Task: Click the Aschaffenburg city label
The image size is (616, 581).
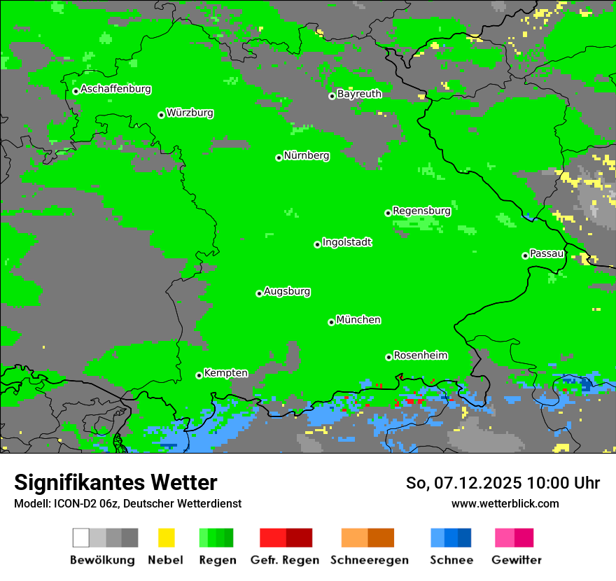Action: [115, 90]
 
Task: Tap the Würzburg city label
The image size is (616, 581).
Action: [190, 113]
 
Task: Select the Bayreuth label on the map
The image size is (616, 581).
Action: [359, 94]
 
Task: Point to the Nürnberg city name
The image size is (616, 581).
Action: [307, 156]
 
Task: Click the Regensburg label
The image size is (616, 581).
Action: [421, 211]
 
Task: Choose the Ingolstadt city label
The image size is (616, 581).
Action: [346, 243]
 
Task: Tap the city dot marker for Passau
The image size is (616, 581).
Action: [525, 255]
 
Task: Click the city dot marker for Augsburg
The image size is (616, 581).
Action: [259, 293]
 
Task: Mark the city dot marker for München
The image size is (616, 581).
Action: [331, 322]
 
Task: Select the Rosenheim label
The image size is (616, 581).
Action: [421, 356]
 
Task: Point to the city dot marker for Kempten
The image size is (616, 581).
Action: [199, 375]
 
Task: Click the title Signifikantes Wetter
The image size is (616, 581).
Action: [115, 482]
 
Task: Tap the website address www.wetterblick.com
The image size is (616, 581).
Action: [505, 503]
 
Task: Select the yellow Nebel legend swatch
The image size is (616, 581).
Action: [166, 538]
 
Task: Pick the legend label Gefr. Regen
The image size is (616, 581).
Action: [284, 560]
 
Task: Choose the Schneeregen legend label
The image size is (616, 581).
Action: [370, 560]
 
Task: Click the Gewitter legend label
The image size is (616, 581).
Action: [516, 560]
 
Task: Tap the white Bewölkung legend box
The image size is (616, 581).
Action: [80, 538]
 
